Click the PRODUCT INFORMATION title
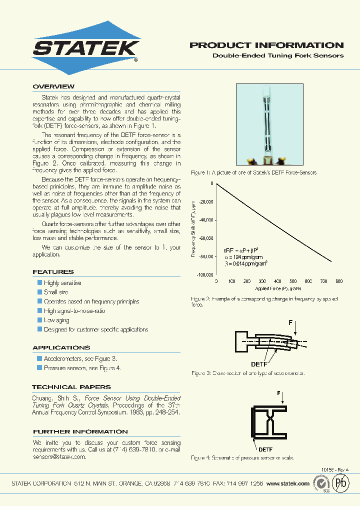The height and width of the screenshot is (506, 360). [x=266, y=45]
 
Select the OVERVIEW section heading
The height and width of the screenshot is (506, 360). [x=53, y=86]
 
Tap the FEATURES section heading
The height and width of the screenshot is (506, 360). [x=53, y=272]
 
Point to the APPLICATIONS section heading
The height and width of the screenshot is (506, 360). [x=61, y=347]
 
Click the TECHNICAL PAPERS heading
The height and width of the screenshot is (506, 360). [x=71, y=387]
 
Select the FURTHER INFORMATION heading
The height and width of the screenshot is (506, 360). [x=80, y=431]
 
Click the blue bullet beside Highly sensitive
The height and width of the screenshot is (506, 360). [x=40, y=283]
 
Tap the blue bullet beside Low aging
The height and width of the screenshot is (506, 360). [x=40, y=320]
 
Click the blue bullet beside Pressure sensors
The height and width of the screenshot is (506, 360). [x=40, y=368]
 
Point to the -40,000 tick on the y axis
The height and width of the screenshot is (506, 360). [x=203, y=220]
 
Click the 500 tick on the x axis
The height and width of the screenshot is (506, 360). [x=293, y=281]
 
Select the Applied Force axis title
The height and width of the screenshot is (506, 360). [x=278, y=288]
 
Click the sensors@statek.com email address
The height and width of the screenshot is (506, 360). [x=59, y=457]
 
